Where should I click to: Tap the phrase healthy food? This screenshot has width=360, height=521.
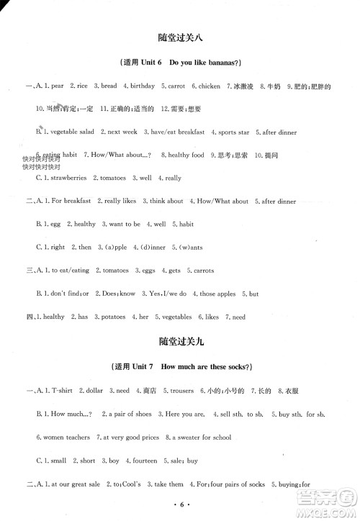point(186,155)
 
